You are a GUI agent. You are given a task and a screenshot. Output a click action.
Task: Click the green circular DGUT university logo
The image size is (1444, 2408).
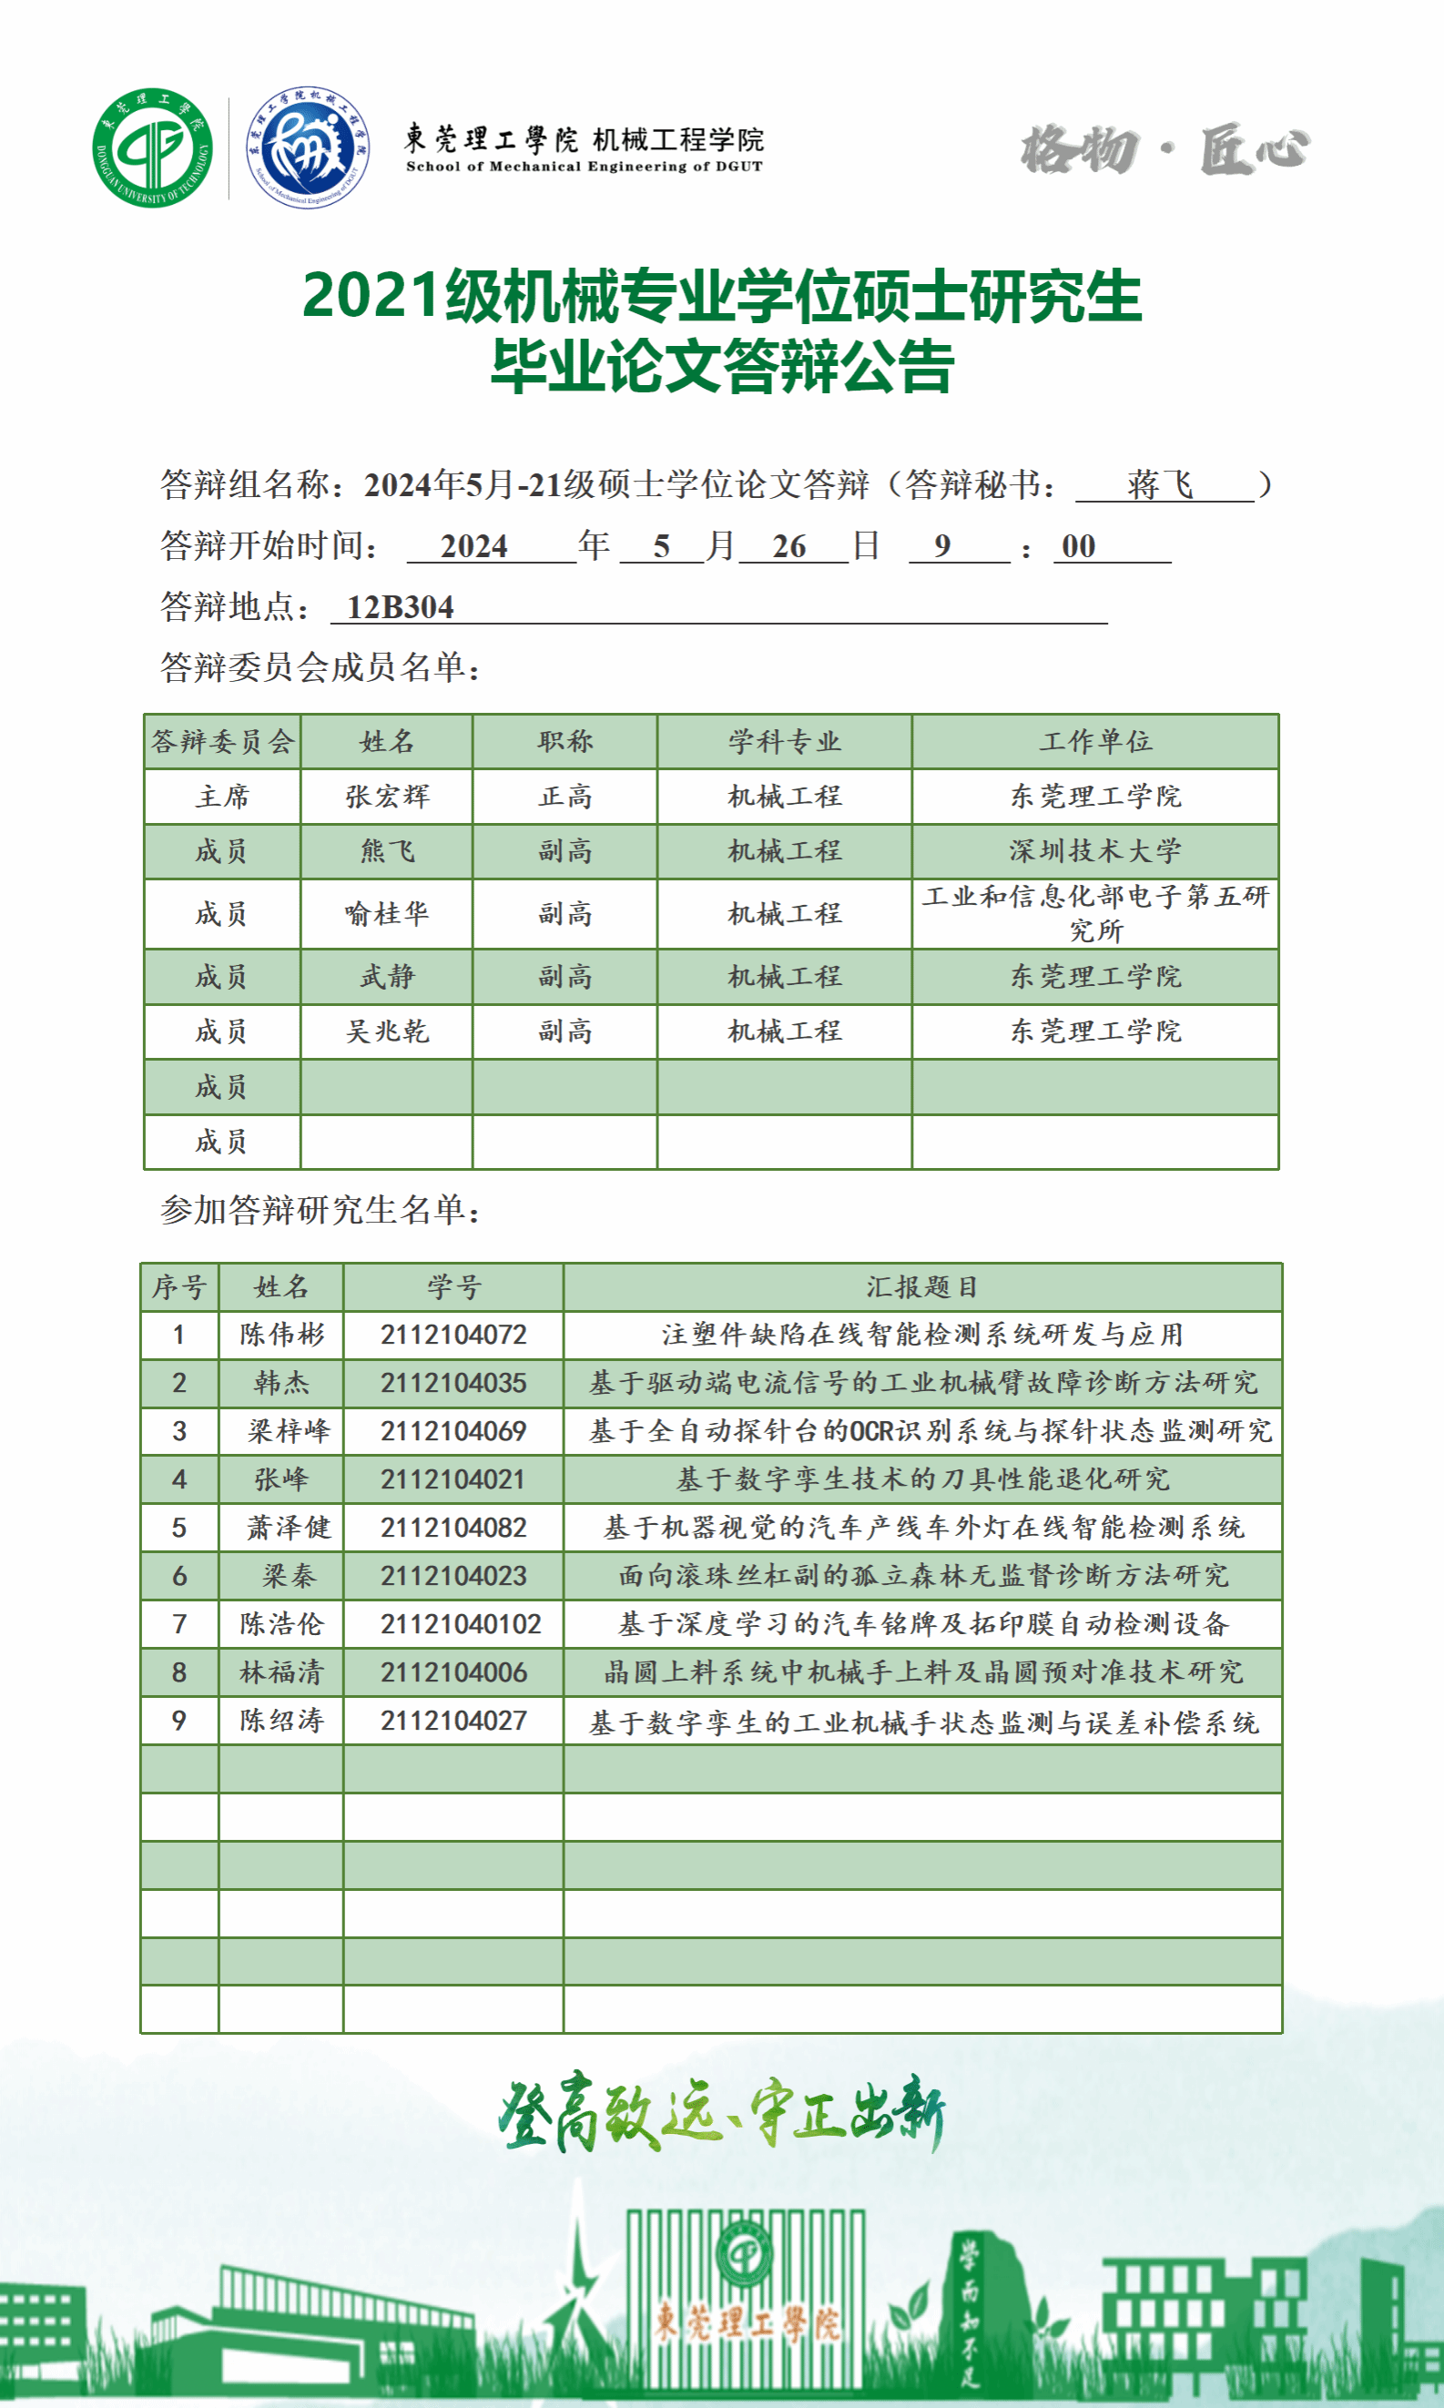point(152,147)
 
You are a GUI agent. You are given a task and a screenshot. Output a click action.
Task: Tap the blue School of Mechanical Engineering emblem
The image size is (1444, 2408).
point(308,147)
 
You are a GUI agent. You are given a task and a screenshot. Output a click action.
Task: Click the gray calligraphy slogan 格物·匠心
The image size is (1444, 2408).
point(1164,150)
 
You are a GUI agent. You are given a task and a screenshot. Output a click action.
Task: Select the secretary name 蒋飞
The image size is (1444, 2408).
point(1161,483)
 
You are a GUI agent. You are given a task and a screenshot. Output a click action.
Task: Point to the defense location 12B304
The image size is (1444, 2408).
point(400,607)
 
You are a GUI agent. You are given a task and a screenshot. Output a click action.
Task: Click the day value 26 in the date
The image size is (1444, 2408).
point(789,546)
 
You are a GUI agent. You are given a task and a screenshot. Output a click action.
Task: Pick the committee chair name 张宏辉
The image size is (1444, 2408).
point(386,796)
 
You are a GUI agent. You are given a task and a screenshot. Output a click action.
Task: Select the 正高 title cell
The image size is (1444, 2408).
point(564,796)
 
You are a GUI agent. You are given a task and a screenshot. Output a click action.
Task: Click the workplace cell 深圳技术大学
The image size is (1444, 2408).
point(1094,850)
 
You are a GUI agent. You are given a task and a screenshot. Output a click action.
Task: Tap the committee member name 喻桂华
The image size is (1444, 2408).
point(386,912)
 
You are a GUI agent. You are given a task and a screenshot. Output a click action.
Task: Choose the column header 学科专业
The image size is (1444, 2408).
point(784,741)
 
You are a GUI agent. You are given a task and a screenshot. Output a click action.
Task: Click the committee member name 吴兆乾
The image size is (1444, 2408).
point(386,1031)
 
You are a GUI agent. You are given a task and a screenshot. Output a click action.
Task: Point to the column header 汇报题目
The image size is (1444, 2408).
point(921,1286)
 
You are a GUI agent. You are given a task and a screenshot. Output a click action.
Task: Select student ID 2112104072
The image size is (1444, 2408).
point(453,1334)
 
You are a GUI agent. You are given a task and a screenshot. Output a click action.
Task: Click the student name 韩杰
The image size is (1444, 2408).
point(281,1382)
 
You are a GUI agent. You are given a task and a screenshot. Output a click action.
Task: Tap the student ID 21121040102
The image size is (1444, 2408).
point(461,1623)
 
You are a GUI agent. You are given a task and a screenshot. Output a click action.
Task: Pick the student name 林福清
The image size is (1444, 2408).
point(281,1671)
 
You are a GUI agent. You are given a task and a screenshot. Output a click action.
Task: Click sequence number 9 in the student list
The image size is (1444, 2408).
point(179,1720)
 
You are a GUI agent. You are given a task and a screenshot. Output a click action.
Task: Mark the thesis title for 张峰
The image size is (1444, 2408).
point(921,1478)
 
